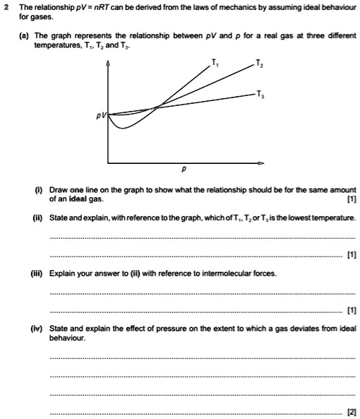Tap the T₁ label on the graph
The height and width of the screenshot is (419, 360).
pyautogui.click(x=215, y=64)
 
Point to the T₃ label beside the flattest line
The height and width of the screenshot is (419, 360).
pyautogui.click(x=261, y=94)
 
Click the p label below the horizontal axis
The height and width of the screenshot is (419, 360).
pyautogui.click(x=183, y=170)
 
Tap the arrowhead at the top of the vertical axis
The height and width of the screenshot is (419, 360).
pyautogui.click(x=108, y=64)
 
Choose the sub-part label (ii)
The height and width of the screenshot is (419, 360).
pyautogui.click(x=35, y=218)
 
